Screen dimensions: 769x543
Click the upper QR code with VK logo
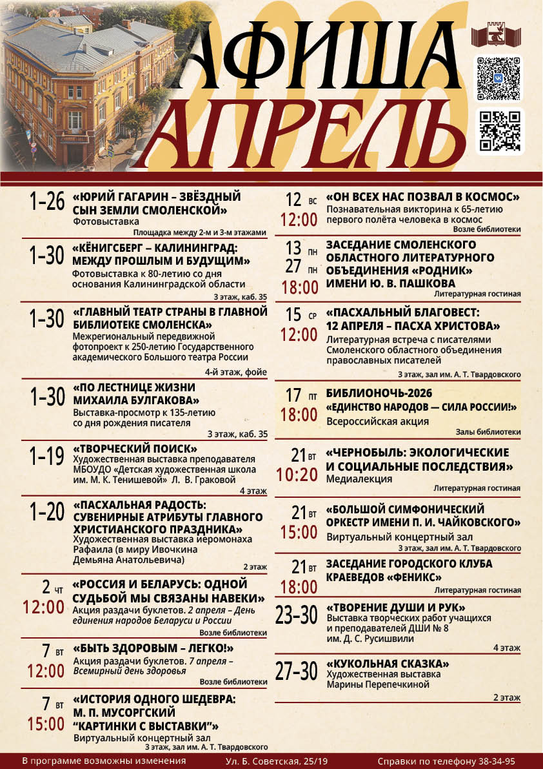pos(499,78)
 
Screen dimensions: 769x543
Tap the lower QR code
pos(500,131)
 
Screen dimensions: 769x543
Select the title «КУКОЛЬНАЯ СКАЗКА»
pos(388,664)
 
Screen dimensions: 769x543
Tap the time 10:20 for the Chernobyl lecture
pos(297,475)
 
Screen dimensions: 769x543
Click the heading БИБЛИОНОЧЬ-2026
pos(379,393)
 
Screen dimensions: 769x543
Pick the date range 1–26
pos(46,201)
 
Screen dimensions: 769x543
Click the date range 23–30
pos(297,614)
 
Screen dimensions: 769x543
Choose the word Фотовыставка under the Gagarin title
pos(97,221)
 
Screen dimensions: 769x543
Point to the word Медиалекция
pos(359,479)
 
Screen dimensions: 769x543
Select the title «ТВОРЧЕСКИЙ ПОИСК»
pos(135,449)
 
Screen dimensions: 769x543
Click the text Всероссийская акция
pos(377,421)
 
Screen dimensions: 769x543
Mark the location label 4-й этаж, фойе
pos(235,371)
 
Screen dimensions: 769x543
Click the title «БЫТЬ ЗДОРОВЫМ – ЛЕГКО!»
pos(153,648)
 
